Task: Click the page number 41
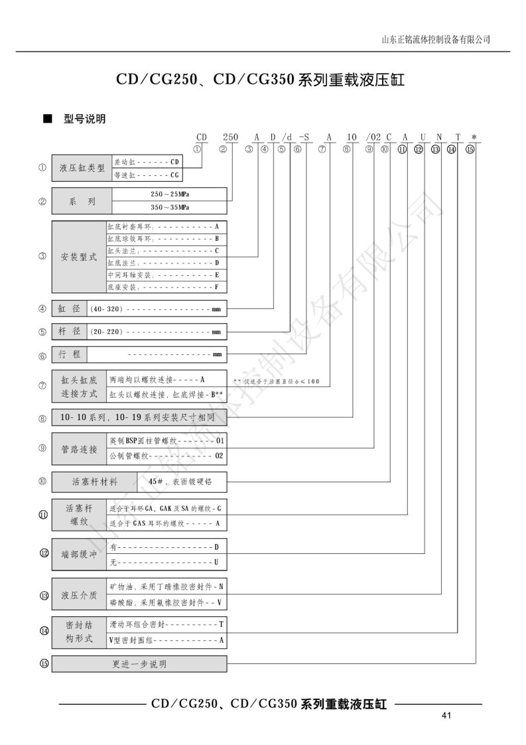pos(446,715)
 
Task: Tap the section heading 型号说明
pos(84,119)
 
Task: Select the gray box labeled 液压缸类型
pos(82,169)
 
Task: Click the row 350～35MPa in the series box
pos(170,206)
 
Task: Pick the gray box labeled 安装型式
pos(79,257)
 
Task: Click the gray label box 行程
pos(70,355)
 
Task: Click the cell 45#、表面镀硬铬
pos(182,481)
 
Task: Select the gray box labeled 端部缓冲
pos(79,555)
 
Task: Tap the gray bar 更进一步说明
pos(139,663)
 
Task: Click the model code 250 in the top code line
pos(227,137)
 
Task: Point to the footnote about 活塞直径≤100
pos(276,381)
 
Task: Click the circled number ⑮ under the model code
pos(470,150)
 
